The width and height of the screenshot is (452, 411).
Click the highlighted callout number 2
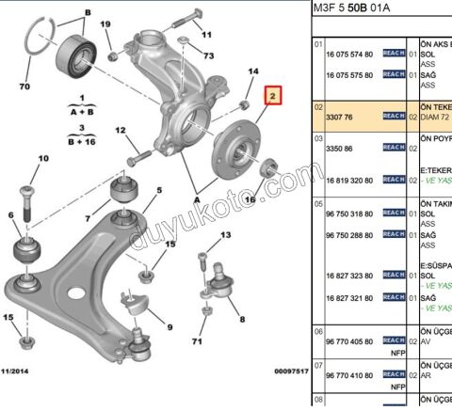click(272, 96)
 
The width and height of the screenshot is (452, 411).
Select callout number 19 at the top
click(105, 24)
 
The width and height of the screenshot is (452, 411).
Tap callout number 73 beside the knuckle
click(208, 56)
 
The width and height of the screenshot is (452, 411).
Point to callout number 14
click(252, 71)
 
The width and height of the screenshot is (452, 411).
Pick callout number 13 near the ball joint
click(226, 236)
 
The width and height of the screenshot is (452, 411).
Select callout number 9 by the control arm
click(169, 326)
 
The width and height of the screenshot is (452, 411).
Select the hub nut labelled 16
click(266, 170)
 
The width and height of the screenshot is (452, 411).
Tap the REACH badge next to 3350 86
click(394, 149)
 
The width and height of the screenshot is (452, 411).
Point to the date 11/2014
click(19, 372)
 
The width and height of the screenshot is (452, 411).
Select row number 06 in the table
click(318, 332)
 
